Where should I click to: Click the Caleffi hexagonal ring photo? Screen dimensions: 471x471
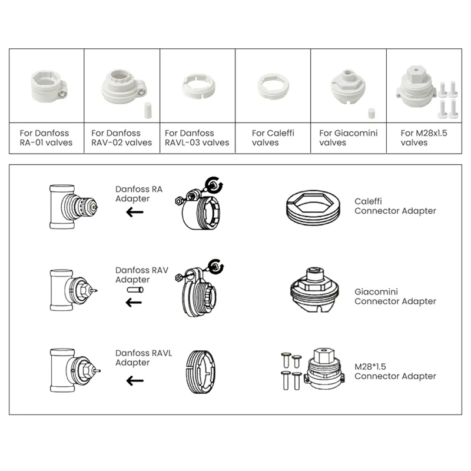point(273,88)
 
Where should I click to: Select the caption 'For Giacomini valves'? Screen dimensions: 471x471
point(348,138)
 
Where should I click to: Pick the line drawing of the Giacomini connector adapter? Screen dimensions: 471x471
point(317,292)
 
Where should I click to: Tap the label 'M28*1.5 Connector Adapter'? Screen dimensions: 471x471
point(395,371)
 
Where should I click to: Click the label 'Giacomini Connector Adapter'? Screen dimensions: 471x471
point(395,296)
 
